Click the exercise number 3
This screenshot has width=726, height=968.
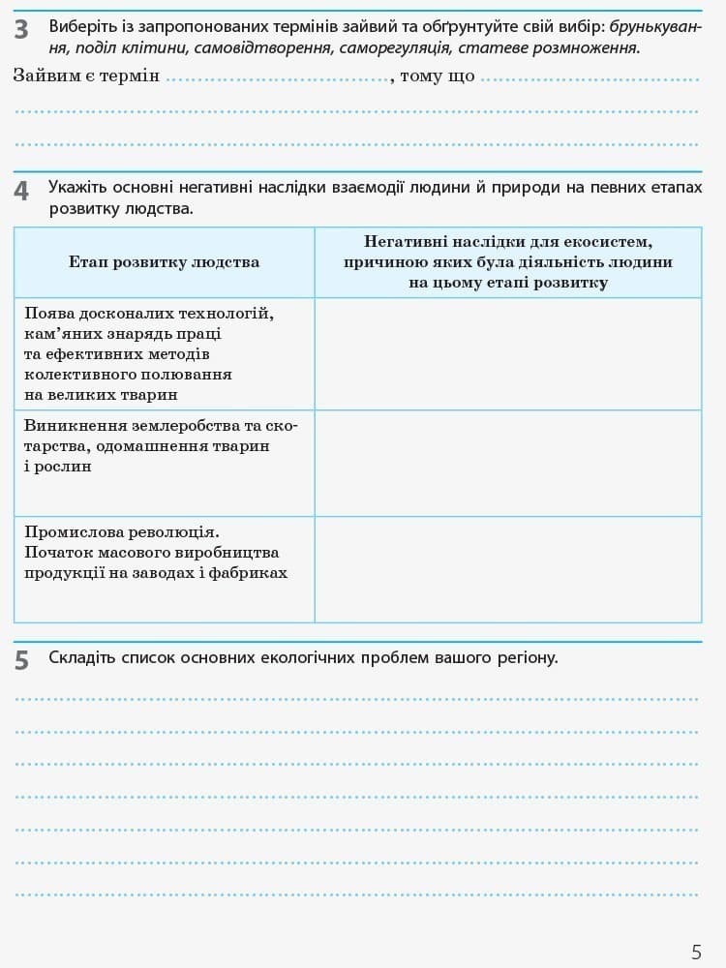click(x=21, y=30)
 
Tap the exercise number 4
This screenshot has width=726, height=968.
click(x=21, y=192)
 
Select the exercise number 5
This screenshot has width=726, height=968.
click(x=21, y=661)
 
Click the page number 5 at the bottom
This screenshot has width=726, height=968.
click(x=696, y=952)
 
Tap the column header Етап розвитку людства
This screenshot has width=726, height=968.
click(x=164, y=262)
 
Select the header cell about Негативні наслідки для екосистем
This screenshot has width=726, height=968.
click(x=508, y=262)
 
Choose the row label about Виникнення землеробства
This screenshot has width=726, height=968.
click(x=161, y=445)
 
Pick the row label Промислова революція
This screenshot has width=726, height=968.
click(x=156, y=553)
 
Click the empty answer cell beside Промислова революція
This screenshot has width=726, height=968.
click(x=508, y=569)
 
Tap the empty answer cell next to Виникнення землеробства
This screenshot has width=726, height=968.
click(x=508, y=463)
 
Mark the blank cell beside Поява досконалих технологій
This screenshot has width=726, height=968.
click(x=508, y=353)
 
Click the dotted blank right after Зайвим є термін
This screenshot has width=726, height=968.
click(x=276, y=77)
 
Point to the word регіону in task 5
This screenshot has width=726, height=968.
click(x=529, y=658)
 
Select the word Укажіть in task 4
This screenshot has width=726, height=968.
click(x=77, y=187)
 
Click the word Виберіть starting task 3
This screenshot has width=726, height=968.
click(x=81, y=26)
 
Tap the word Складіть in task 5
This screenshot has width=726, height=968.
click(x=81, y=657)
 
